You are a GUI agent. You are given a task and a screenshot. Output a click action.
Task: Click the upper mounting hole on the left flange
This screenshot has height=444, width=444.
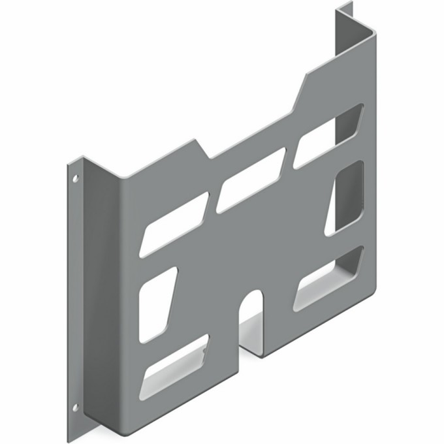[x=76, y=177]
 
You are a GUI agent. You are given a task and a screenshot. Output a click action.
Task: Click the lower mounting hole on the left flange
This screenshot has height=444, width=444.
[x=76, y=407]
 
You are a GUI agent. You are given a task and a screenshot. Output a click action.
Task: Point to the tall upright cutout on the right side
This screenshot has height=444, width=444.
[x=345, y=197]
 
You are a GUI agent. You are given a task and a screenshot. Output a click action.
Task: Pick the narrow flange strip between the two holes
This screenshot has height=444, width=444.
[x=74, y=294]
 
